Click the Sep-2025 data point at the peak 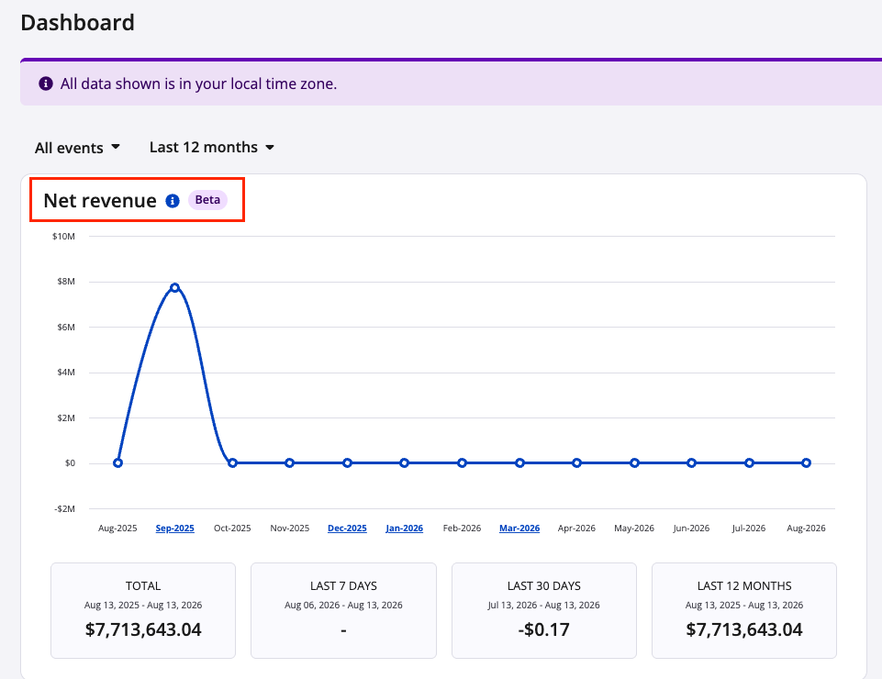tap(175, 287)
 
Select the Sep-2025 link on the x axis tap(175, 529)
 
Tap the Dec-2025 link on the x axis tap(347, 529)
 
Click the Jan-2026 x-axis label tap(405, 529)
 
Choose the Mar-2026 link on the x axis tap(519, 529)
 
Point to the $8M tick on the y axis tap(66, 282)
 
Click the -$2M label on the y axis tap(64, 508)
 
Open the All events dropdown tap(78, 148)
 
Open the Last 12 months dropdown tap(211, 147)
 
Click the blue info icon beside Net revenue tap(173, 201)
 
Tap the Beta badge tap(207, 200)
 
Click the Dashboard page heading tap(78, 23)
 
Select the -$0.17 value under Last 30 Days tap(544, 629)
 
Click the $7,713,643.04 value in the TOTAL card tap(143, 629)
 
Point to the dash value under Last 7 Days tap(343, 630)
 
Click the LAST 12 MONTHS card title tap(744, 586)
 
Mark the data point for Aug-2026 tap(807, 463)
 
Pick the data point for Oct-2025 tap(232, 463)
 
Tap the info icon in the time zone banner tap(46, 83)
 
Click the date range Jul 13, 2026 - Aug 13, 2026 tap(544, 606)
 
